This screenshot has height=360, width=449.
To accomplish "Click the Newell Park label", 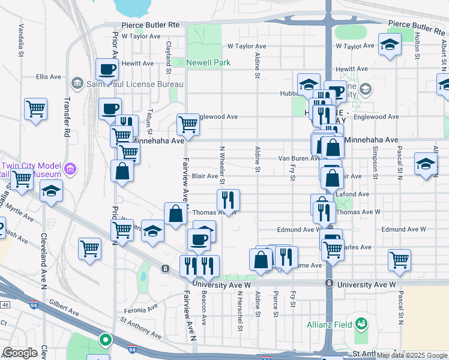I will pos(208,62).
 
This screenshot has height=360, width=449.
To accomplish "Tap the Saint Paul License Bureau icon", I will pos(77,82).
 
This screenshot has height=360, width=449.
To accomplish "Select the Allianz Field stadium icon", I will pos(360,325).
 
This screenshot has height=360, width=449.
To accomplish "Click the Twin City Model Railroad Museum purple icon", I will pos(71,169).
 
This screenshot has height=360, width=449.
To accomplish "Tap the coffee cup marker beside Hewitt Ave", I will pos(107,70).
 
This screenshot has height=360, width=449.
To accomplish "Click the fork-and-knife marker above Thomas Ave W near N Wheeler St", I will pos(228,199).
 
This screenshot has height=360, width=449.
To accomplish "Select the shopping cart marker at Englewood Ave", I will pos(188,124).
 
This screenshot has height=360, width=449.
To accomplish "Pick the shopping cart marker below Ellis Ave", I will pos(35,109).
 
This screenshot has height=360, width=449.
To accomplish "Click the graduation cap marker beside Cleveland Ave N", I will pos(51,191).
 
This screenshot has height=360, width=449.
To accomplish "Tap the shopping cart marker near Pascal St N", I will pos(399,259).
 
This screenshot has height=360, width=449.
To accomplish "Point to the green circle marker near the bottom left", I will pos(106,341).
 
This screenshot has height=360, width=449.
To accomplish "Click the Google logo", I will pos(20,353).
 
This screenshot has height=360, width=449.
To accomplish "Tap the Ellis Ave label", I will pos(49,77).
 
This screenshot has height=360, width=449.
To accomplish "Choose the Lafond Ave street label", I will pos(355,194).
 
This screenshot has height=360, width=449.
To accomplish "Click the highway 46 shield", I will pos(5,305).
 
